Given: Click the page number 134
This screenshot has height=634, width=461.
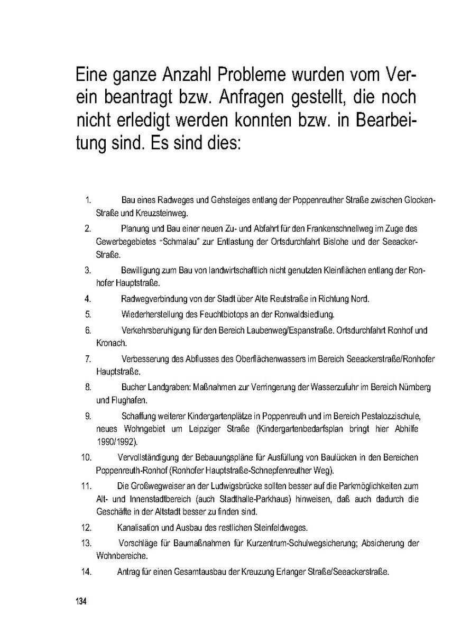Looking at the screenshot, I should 80,602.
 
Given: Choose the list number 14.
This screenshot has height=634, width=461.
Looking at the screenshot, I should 87,571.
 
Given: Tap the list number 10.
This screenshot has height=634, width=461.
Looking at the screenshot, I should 87,457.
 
